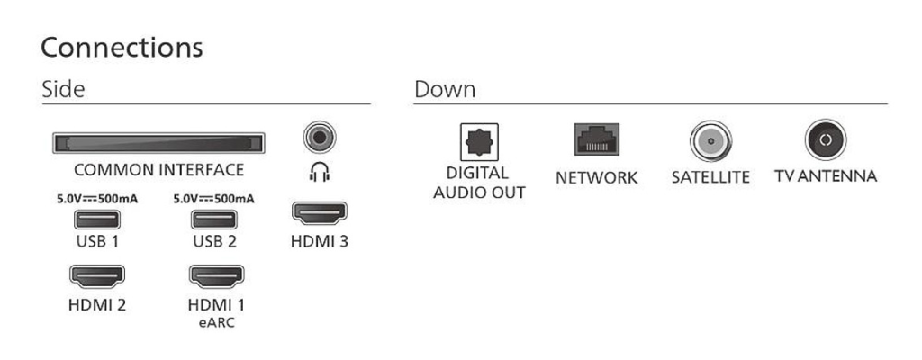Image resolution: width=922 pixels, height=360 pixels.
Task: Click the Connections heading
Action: click(122, 47)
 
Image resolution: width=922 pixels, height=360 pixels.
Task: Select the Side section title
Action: click(63, 89)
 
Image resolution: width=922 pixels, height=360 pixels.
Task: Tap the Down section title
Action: click(445, 89)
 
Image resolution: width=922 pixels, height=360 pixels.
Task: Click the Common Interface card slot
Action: click(158, 143)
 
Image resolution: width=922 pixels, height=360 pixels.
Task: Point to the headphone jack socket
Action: click(320, 138)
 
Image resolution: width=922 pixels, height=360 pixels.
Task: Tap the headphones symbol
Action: click(320, 172)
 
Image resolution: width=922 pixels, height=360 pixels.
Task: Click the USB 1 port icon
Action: click(97, 220)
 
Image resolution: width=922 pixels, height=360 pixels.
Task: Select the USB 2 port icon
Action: click(214, 220)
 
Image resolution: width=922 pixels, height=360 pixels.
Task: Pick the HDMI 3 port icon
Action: click(320, 213)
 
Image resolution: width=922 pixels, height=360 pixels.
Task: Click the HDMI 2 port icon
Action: click(97, 276)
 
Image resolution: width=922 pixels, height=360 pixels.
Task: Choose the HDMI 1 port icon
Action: click(216, 276)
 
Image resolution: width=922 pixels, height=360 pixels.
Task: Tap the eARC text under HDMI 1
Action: click(216, 322)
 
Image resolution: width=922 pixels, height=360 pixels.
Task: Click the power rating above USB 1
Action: click(97, 199)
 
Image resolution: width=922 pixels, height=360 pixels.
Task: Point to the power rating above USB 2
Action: click(214, 199)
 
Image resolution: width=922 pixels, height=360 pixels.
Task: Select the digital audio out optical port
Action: click(479, 142)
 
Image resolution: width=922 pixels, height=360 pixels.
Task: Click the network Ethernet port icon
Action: click(596, 139)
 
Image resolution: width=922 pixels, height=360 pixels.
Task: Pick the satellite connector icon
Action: click(710, 141)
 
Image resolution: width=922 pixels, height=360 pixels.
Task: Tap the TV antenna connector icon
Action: click(826, 140)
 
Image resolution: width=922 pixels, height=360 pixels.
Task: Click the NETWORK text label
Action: click(596, 177)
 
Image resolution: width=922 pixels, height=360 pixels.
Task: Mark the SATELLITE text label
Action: click(710, 177)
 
